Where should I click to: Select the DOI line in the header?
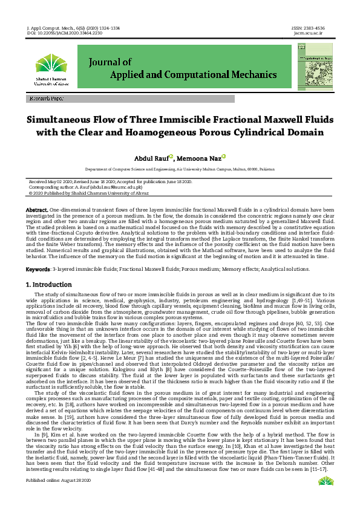coord(56,34)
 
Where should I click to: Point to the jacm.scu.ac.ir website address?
coord(310,34)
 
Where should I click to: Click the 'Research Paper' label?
coord(45,99)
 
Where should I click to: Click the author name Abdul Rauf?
coord(151,158)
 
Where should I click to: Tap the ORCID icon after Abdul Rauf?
coord(171,156)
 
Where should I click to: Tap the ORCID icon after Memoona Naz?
coord(223,156)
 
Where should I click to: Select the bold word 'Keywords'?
coord(38,268)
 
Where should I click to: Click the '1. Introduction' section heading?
coord(50,284)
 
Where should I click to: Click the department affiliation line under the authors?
coord(179,170)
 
